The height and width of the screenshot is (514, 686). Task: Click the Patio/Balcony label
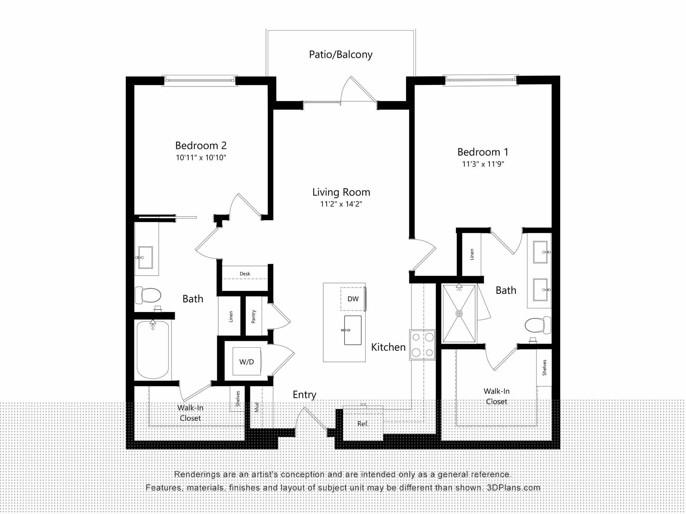(x=340, y=55)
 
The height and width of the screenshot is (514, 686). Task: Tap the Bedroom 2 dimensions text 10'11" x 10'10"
(x=201, y=157)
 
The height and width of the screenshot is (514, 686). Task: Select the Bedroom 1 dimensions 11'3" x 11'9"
(x=483, y=164)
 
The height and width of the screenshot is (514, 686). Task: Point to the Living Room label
(x=341, y=192)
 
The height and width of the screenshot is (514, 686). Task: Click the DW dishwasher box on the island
(x=353, y=299)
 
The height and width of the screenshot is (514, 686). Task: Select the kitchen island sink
(x=353, y=330)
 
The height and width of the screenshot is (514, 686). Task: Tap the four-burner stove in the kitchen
(x=422, y=344)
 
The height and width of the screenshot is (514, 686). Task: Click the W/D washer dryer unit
(x=247, y=361)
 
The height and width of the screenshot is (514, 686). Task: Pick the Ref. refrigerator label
(x=363, y=424)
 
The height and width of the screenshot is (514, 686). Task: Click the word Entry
(x=304, y=395)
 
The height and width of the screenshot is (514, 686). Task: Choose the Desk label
(x=245, y=274)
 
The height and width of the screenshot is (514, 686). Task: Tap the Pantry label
(x=253, y=317)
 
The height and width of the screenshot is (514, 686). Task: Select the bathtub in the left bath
(x=153, y=349)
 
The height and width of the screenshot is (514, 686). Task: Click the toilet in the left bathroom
(x=148, y=295)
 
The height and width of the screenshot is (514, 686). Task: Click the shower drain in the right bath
(x=459, y=314)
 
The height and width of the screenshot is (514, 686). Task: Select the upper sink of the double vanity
(x=540, y=252)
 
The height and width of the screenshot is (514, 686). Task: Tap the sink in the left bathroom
(x=145, y=257)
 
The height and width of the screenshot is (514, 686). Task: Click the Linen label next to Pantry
(x=231, y=317)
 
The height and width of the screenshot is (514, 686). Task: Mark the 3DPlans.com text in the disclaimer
(x=513, y=488)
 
